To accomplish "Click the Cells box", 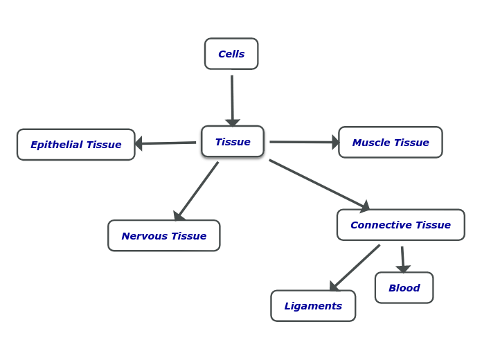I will pyautogui.click(x=231, y=54).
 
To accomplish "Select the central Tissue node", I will pyautogui.click(x=233, y=142).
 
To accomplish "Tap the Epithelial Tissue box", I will pyautogui.click(x=76, y=145).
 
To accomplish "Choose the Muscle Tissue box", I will pyautogui.click(x=391, y=143).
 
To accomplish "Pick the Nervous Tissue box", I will pyautogui.click(x=164, y=236).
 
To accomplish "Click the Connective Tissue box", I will pyautogui.click(x=400, y=225).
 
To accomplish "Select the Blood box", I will pyautogui.click(x=404, y=288).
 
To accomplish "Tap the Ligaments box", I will pyautogui.click(x=313, y=306).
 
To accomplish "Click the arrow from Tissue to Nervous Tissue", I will pyautogui.click(x=197, y=190).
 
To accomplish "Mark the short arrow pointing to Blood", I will pyautogui.click(x=402, y=258).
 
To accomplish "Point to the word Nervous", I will pyautogui.click(x=144, y=236).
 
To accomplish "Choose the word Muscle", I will pyautogui.click(x=371, y=143).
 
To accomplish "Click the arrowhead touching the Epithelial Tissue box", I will pyautogui.click(x=139, y=143).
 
